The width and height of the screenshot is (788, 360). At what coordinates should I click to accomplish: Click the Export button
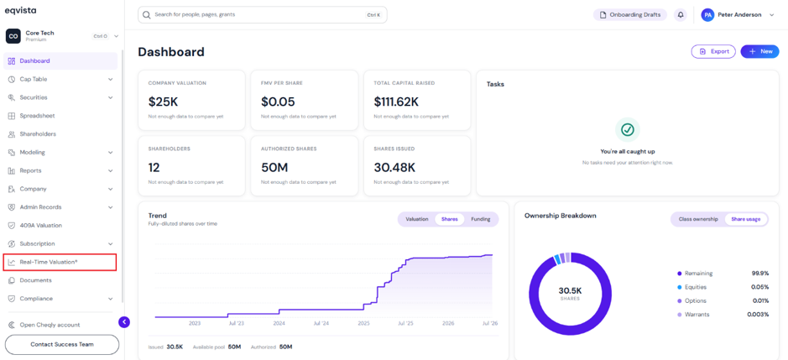point(713,51)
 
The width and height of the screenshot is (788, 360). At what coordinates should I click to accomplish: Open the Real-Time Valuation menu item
point(49,262)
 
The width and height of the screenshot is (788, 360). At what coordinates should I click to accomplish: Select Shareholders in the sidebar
point(38,134)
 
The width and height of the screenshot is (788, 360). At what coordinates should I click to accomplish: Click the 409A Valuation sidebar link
point(41,225)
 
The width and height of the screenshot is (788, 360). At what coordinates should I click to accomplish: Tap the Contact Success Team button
point(62,344)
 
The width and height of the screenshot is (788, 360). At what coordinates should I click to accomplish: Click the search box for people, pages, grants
point(263,14)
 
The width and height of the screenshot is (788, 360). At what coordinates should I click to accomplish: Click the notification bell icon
point(681,15)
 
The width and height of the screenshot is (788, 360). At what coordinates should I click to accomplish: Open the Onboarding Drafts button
point(630,15)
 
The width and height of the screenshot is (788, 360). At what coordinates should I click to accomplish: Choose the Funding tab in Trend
point(481,219)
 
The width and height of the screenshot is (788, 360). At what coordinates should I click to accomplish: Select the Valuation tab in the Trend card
point(416,219)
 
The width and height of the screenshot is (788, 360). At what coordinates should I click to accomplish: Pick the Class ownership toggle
point(698,219)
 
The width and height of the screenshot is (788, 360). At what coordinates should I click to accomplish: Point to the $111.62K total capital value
point(396,102)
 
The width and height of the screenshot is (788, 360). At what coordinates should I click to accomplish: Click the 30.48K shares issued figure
point(394,168)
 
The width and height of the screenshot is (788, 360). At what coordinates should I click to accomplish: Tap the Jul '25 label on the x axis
point(405,323)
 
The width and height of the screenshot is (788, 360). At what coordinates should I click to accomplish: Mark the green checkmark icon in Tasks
point(627,130)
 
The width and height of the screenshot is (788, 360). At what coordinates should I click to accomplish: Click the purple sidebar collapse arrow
point(124,322)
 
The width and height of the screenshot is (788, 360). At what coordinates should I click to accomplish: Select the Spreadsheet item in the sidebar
point(37,116)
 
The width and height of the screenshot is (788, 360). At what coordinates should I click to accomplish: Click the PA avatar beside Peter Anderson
point(707,15)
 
